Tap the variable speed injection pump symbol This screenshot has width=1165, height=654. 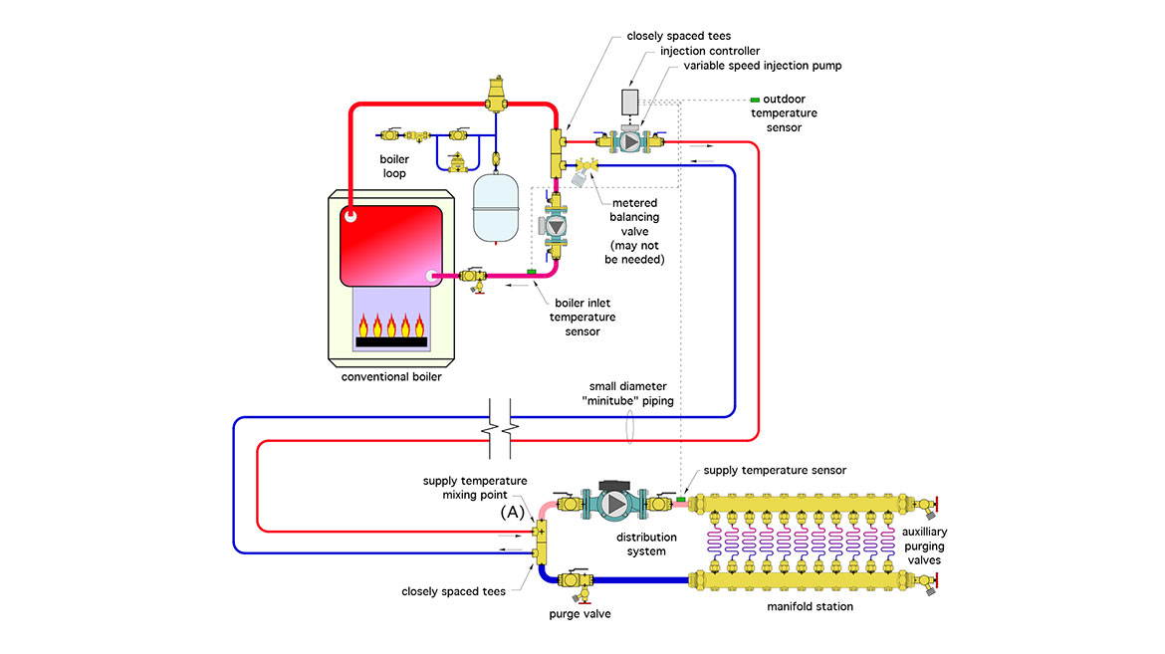tap(629, 141)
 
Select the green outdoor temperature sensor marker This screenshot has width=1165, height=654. tap(754, 100)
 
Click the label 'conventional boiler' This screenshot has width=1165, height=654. tap(390, 377)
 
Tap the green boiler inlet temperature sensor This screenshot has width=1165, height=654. tap(532, 270)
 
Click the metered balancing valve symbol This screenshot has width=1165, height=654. tap(584, 171)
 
